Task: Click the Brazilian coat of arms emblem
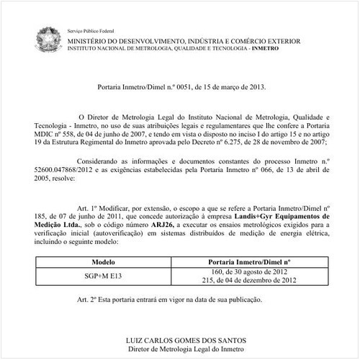click(50, 37)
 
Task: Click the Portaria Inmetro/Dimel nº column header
click(248, 262)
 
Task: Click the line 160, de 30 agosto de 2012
click(248, 272)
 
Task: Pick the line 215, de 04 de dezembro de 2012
click(248, 281)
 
